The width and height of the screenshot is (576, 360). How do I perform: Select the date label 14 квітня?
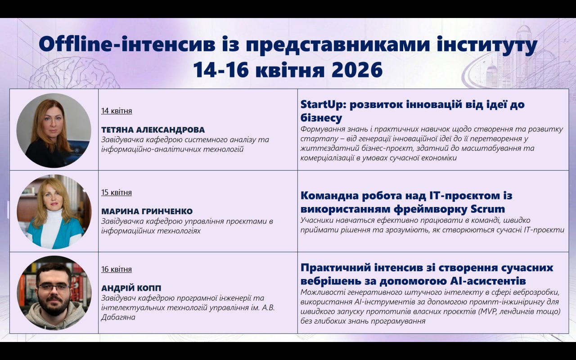pyautogui.click(x=117, y=111)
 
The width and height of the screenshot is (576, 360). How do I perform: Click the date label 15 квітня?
pyautogui.click(x=117, y=193)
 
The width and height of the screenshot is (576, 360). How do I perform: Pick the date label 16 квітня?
pyautogui.click(x=117, y=269)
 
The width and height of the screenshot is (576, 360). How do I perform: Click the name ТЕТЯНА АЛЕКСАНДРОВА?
pyautogui.click(x=153, y=130)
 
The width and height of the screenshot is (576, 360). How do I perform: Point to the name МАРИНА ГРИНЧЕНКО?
pyautogui.click(x=147, y=211)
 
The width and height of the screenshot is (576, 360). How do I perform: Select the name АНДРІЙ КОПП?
pyautogui.click(x=131, y=288)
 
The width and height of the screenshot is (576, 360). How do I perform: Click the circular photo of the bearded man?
pyautogui.click(x=54, y=293)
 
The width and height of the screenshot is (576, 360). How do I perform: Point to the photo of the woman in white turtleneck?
pyautogui.click(x=54, y=212)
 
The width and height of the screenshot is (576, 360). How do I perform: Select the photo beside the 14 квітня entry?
pyautogui.click(x=54, y=130)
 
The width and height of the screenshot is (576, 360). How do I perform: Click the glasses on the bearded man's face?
pyautogui.click(x=53, y=287)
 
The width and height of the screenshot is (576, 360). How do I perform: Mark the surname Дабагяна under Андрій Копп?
pyautogui.click(x=118, y=317)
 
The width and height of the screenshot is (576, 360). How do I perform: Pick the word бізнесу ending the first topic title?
pyautogui.click(x=321, y=118)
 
